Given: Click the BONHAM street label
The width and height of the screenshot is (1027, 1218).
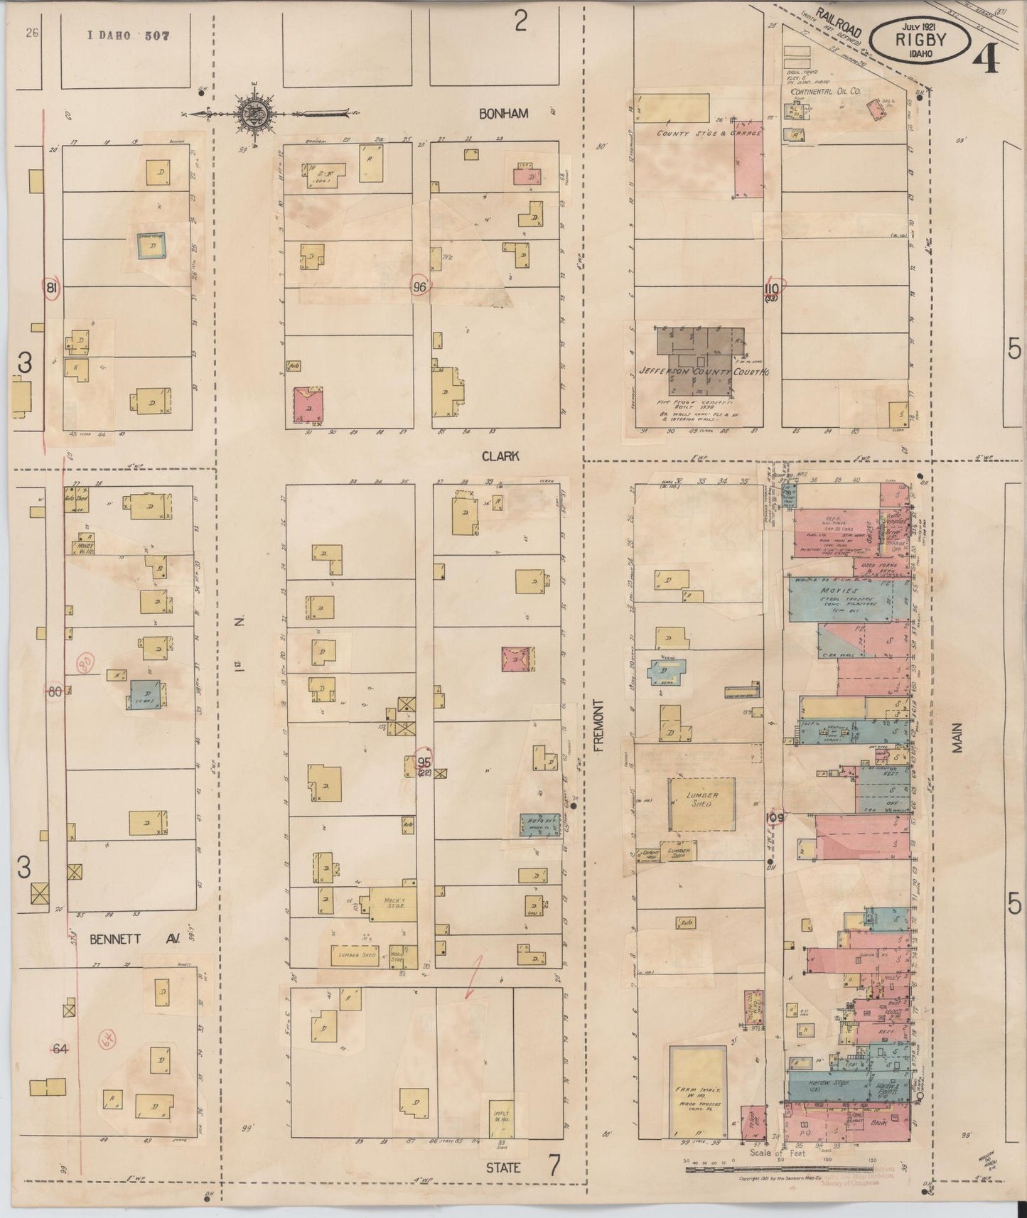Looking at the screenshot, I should pos(503,114).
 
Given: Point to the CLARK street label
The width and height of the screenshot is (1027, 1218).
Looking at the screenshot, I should pos(500,457).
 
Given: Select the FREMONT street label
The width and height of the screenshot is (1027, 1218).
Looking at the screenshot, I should pos(598,725).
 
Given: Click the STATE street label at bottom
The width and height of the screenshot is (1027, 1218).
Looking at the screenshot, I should pos(503,1167).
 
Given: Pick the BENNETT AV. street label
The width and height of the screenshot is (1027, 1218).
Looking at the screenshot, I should pos(134,939).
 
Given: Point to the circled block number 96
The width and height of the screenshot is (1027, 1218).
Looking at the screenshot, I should pos(420,287).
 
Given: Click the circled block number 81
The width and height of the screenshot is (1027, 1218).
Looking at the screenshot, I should pos(50,288).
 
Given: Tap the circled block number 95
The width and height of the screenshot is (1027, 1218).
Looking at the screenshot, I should pos(424,761).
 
